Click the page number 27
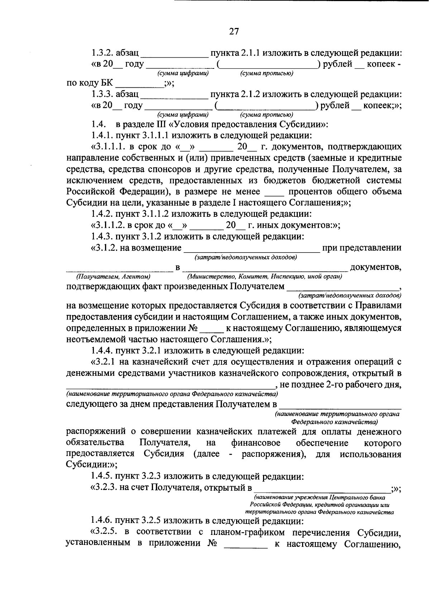click(x=234, y=32)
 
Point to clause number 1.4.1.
click(x=102, y=136)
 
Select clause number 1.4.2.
click(x=102, y=214)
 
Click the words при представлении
click(x=362, y=248)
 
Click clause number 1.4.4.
click(x=102, y=350)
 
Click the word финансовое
click(x=255, y=443)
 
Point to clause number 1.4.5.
click(x=102, y=477)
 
